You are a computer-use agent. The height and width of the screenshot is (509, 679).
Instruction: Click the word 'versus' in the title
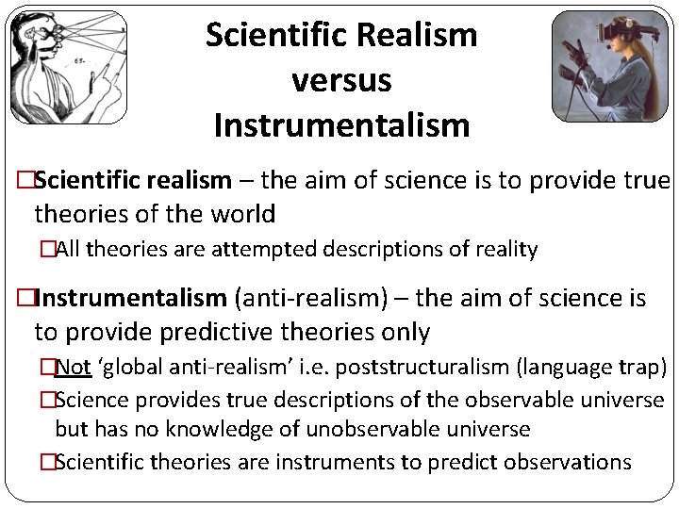pos(341,80)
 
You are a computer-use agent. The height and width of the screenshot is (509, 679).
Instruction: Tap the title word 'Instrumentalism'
pos(341,124)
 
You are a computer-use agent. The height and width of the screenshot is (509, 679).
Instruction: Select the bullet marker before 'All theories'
pos(46,250)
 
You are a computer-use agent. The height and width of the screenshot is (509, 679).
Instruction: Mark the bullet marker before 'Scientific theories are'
pos(46,462)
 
